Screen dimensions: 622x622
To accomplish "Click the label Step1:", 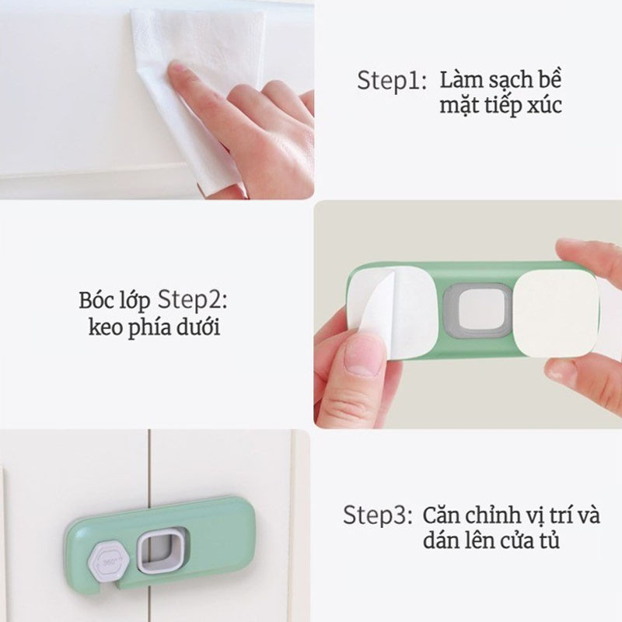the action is click(391, 81).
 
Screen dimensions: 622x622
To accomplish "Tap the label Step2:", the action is click(193, 300).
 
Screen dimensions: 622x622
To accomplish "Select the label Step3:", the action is click(378, 515).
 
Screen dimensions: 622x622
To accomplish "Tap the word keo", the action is click(104, 327).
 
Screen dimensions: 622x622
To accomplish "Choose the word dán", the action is click(439, 540).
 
